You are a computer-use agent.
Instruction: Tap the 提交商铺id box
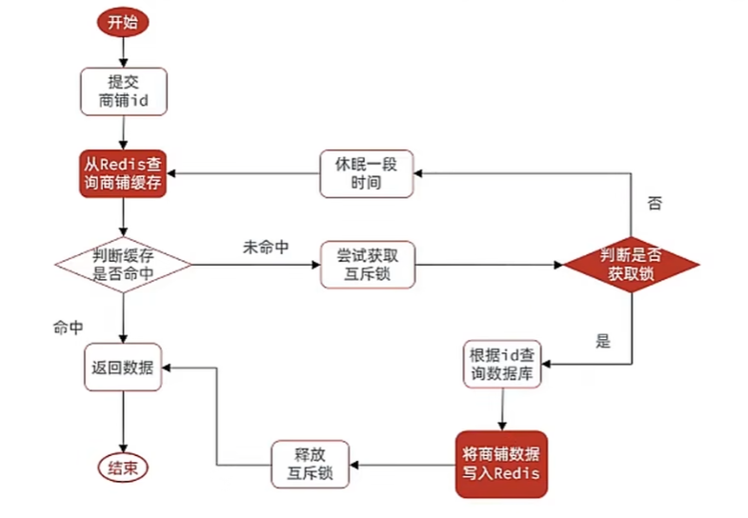coord(123,90)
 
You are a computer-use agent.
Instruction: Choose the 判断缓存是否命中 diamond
coord(123,263)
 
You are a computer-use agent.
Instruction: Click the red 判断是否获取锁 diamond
coord(631,263)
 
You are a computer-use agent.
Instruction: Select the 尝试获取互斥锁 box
coord(366,264)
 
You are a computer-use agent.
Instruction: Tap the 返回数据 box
coord(123,364)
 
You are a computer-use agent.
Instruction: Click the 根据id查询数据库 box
coord(502,364)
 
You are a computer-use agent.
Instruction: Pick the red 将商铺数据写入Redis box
coord(502,465)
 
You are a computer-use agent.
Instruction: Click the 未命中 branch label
coord(267,247)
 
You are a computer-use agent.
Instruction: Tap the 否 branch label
coord(654,203)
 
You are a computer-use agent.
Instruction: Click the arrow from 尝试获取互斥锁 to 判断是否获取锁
coord(486,264)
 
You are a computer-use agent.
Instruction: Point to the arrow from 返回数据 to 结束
coord(123,419)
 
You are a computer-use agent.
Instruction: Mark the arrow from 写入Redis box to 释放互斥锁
coord(400,465)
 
